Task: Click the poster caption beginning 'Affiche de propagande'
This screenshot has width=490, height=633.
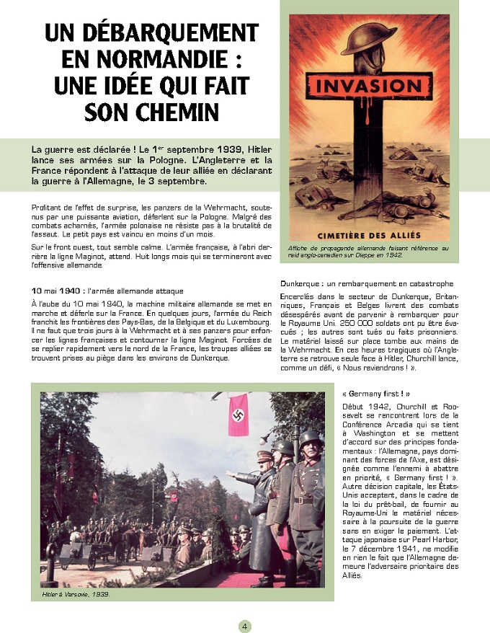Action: (x=367, y=251)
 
